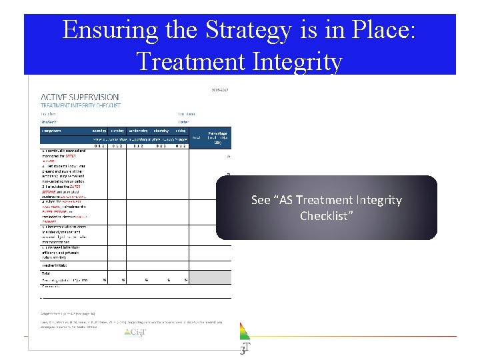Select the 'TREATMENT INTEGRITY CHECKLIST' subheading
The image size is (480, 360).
(81, 105)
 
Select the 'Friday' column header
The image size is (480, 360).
(181, 131)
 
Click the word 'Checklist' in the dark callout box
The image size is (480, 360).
(327, 216)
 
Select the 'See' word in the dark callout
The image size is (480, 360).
(261, 200)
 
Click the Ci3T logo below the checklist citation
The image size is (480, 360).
(135, 332)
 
